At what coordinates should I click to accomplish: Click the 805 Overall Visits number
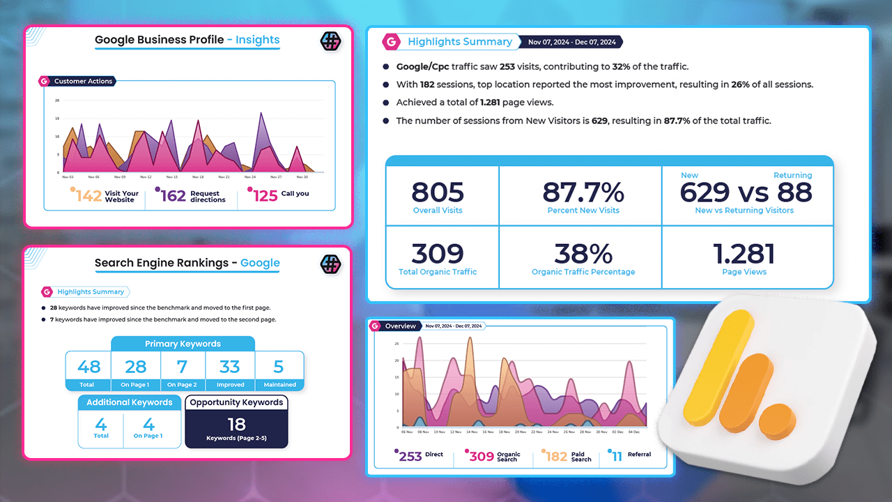coord(437,192)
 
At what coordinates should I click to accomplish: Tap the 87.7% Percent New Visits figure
coord(583,192)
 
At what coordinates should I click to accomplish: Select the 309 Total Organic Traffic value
coord(437,254)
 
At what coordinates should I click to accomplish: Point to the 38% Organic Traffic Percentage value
coord(583,254)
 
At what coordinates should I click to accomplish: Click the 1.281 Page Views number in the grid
coord(744,254)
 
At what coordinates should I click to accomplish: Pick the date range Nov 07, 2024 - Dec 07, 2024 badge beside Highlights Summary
coord(571,42)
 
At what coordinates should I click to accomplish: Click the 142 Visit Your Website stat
coord(89,196)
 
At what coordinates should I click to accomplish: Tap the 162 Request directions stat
coord(172,196)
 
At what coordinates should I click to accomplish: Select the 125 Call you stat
coord(266,196)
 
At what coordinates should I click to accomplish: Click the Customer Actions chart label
coord(83,82)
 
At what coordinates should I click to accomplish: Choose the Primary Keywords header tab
coord(183,344)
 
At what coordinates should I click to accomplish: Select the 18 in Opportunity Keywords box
coord(236,424)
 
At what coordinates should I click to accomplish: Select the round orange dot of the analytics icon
coord(777,423)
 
